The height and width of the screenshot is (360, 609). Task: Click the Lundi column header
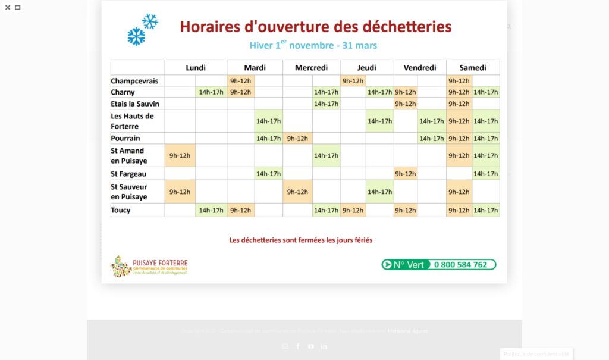click(196, 68)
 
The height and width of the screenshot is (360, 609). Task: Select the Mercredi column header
click(311, 68)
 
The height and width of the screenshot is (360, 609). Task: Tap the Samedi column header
click(473, 68)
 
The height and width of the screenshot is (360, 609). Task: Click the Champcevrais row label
click(134, 81)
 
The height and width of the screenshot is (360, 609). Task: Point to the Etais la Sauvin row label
click(135, 104)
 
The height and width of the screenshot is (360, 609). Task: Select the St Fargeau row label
click(128, 174)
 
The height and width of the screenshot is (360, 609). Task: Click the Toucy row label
click(121, 210)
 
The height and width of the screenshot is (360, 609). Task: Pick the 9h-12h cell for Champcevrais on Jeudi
click(353, 81)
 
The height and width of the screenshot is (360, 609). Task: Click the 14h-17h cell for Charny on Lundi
click(211, 92)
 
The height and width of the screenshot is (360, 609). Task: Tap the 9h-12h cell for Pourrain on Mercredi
click(297, 139)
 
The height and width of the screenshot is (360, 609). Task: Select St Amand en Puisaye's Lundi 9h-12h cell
click(180, 156)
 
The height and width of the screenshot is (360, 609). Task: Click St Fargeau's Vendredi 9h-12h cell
click(405, 174)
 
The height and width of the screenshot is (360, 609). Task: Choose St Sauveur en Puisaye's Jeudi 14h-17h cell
click(379, 192)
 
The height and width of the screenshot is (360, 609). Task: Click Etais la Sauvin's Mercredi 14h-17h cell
click(326, 104)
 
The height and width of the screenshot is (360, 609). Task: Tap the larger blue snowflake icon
click(136, 36)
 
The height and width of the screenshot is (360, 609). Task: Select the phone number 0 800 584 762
click(460, 265)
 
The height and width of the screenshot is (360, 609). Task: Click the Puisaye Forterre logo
click(149, 266)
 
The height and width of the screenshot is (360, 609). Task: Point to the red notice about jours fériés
click(301, 240)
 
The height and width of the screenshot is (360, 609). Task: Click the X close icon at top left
click(8, 8)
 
